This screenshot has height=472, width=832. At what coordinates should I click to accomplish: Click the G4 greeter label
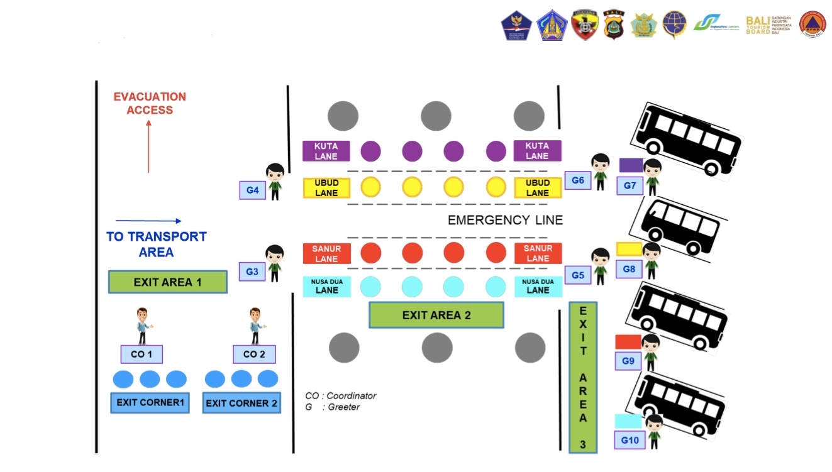[x=252, y=190]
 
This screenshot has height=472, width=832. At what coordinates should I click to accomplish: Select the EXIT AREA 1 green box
[x=167, y=282]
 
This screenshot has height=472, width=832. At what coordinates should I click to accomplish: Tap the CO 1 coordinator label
[x=141, y=354]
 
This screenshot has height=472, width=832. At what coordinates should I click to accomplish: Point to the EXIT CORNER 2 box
[x=241, y=403]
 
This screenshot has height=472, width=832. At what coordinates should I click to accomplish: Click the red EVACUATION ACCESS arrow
[x=148, y=146]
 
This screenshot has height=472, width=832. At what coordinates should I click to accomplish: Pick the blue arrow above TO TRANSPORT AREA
[x=148, y=221]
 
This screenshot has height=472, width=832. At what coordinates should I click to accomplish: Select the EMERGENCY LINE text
[x=505, y=220]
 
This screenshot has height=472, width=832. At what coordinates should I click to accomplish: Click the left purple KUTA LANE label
[x=326, y=151]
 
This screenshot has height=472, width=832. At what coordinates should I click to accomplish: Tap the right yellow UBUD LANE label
[x=537, y=188]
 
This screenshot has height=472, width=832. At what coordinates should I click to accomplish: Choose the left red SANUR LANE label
[x=326, y=253]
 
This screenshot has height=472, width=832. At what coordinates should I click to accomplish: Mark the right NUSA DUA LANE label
[x=538, y=286]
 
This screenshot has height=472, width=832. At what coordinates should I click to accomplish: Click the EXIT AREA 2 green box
[x=436, y=315]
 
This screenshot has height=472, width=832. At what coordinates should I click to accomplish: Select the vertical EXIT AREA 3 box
[x=583, y=376]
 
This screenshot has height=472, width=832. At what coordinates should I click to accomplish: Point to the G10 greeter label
[x=630, y=440]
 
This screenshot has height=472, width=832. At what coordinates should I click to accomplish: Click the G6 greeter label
[x=578, y=180]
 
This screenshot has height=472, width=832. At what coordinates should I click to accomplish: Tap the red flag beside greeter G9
[x=628, y=342]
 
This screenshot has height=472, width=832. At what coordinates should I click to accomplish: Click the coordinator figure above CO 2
[x=255, y=326]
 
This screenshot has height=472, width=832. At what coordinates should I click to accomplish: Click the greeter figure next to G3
[x=274, y=263]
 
